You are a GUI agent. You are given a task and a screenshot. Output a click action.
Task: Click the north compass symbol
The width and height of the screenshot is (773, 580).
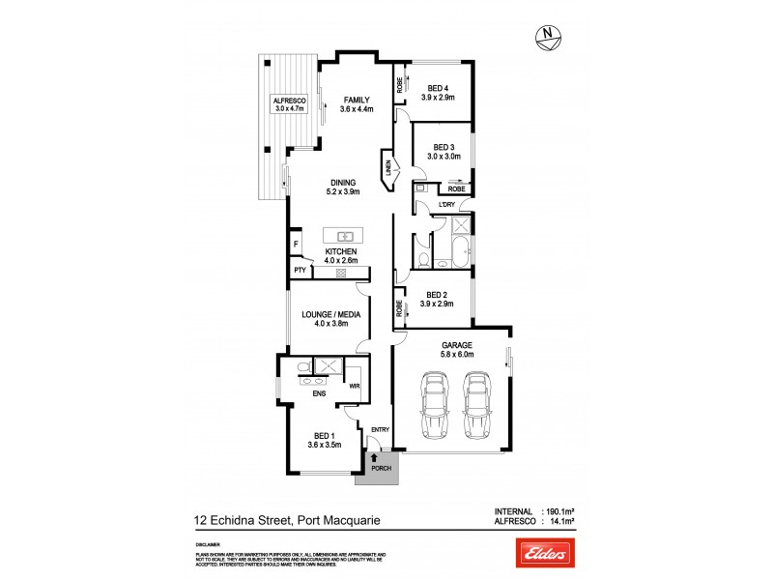pyautogui.click(x=550, y=38)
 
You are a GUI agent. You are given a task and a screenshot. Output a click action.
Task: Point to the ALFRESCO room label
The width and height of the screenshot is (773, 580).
pyautogui.click(x=289, y=101)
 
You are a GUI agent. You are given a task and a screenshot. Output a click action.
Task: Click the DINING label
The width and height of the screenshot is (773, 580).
pyautogui.click(x=343, y=182)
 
